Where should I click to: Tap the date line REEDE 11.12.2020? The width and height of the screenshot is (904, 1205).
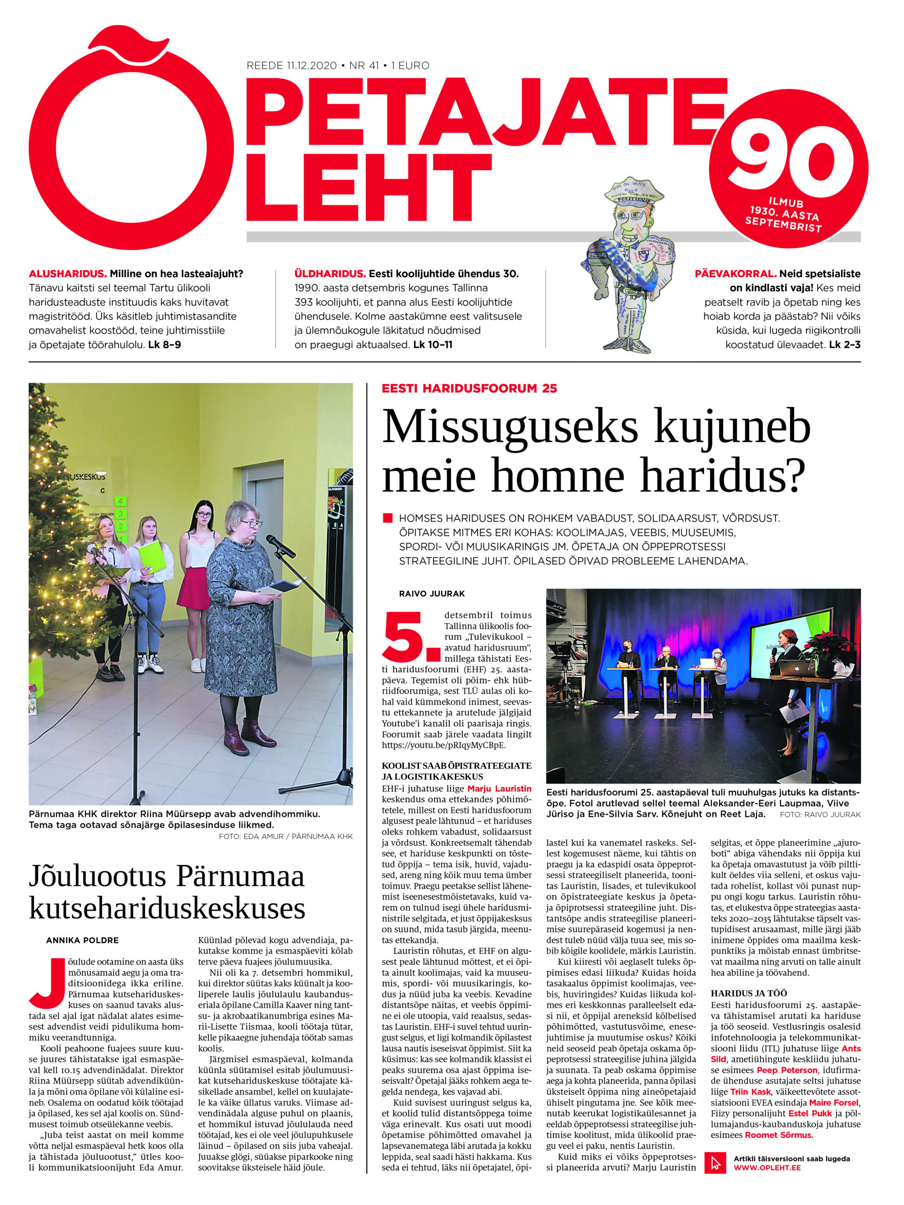(291, 65)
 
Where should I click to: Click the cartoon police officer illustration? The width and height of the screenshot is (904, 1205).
(630, 262)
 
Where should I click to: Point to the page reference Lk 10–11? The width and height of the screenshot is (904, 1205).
(433, 345)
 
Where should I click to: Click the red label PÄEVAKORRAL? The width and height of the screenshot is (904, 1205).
(735, 274)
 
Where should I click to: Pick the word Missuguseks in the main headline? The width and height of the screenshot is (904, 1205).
(509, 427)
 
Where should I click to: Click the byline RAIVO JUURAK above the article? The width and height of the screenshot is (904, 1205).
(432, 594)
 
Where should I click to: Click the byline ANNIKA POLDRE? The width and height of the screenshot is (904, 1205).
(82, 940)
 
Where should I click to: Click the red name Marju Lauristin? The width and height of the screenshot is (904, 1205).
(499, 788)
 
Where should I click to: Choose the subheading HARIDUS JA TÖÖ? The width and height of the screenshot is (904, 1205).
(749, 993)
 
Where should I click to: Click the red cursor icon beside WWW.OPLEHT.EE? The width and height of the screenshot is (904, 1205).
(716, 1163)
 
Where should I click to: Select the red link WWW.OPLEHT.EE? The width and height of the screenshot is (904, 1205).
(767, 1168)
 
